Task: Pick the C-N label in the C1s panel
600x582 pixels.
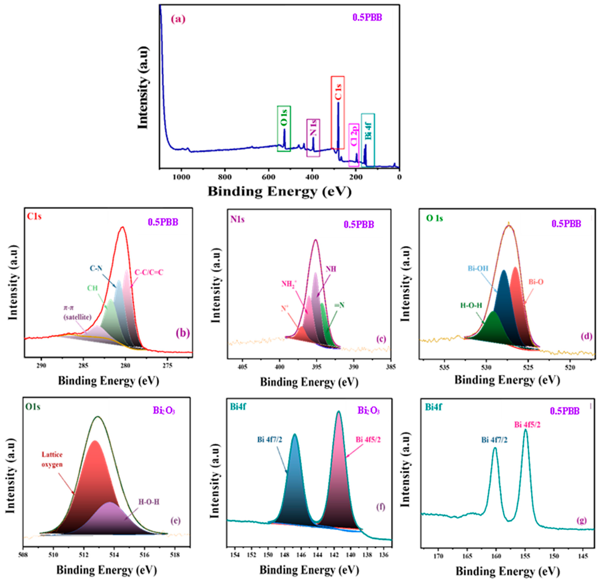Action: (x=96, y=268)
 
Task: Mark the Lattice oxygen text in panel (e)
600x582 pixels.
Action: (x=52, y=459)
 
